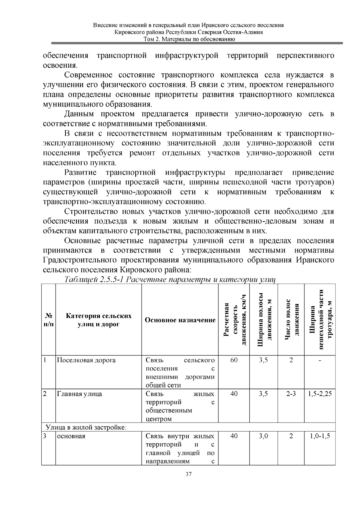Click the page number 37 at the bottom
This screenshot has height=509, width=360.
pos(188,474)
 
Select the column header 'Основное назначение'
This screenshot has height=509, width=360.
pos(180,320)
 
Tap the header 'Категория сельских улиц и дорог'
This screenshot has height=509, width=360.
pos(98,320)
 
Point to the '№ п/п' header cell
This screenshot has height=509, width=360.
pos(48,320)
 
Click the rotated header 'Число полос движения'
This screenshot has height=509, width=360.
pos(291,320)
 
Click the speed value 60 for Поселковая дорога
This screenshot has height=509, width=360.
pos(234,360)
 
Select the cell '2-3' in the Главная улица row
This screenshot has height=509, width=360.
pos(291,394)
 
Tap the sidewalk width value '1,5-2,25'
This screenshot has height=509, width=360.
pos(320,394)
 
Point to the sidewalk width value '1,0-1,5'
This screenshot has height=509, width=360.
pos(320,436)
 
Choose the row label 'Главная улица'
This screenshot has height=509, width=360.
pos(79,394)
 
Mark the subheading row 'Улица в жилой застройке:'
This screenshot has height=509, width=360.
pos(85,427)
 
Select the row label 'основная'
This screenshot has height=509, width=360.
pos(71,436)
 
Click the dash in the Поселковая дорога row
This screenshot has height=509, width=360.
pos(320,360)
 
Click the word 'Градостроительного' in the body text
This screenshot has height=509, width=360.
pos(86,260)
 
